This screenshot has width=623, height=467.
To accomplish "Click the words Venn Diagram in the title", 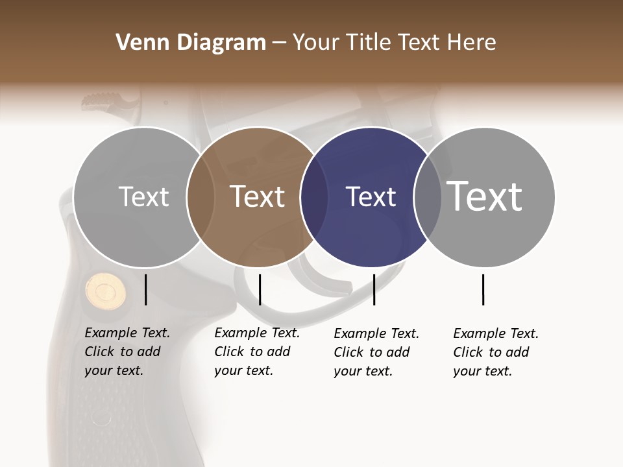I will [x=191, y=43].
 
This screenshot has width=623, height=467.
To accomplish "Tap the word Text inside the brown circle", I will [x=258, y=197].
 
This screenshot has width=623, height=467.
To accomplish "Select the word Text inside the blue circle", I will [x=371, y=197].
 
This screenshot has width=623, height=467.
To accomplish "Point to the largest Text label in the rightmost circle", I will [x=485, y=196].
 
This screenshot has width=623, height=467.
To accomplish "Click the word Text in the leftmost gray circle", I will [x=143, y=197].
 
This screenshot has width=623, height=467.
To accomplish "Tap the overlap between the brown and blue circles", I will [x=314, y=197].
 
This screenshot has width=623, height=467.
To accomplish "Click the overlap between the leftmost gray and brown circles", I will [x=201, y=197].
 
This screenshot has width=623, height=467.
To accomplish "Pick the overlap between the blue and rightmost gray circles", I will [x=428, y=197].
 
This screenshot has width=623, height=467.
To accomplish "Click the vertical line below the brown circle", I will [x=260, y=289].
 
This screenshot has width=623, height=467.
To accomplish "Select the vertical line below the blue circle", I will [x=374, y=289].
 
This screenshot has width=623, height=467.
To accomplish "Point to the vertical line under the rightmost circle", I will [x=483, y=289].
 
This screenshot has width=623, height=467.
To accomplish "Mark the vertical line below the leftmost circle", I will [x=146, y=289].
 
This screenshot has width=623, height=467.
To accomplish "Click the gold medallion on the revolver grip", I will [x=105, y=290].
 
